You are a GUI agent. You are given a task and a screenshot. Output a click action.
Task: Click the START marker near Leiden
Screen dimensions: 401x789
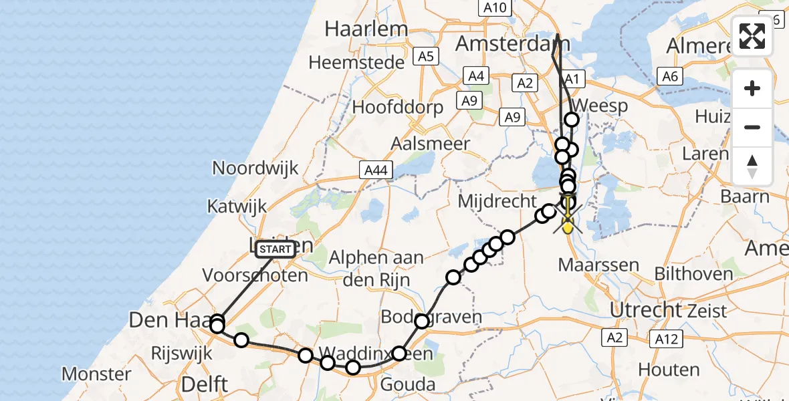(x=275, y=249)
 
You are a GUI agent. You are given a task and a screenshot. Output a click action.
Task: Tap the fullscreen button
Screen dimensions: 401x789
(x=752, y=36)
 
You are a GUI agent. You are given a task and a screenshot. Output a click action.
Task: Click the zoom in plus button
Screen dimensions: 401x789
(x=752, y=88)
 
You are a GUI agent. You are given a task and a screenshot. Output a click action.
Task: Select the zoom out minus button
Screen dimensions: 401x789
(x=752, y=127)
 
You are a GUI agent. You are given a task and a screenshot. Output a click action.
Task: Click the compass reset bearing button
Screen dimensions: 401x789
(x=752, y=166)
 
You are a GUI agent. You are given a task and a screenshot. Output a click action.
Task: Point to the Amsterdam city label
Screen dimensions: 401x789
(x=513, y=44)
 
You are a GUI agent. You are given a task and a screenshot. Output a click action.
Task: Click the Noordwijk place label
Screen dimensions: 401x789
(x=255, y=168)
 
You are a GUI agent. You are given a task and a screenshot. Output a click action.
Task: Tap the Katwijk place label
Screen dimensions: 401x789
(x=237, y=206)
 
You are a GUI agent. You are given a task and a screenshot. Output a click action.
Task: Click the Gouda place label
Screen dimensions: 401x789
(x=408, y=384)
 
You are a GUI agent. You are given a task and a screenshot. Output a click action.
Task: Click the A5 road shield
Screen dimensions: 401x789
(x=426, y=57)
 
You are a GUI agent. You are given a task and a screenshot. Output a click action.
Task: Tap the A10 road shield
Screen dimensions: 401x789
(x=495, y=8)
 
